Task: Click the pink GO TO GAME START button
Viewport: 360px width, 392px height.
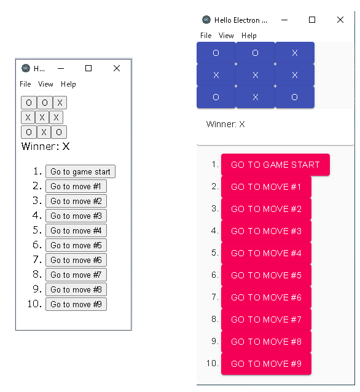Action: pyautogui.click(x=275, y=165)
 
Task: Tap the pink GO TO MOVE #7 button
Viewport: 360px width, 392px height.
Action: pyautogui.click(x=266, y=319)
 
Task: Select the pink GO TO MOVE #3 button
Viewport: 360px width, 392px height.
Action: pyautogui.click(x=266, y=231)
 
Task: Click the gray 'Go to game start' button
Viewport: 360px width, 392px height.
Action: pyautogui.click(x=80, y=171)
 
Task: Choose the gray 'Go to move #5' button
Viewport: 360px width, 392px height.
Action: pyautogui.click(x=76, y=245)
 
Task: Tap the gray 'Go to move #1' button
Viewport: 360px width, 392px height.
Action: pyautogui.click(x=76, y=186)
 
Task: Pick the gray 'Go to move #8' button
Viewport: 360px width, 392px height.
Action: pyautogui.click(x=76, y=289)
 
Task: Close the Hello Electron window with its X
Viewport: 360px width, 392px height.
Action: pyautogui.click(x=340, y=20)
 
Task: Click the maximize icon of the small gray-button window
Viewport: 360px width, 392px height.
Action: pyautogui.click(x=88, y=68)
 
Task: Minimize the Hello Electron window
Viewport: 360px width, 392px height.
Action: pyautogui.click(x=284, y=20)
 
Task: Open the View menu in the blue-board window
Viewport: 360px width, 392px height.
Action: pyautogui.click(x=226, y=36)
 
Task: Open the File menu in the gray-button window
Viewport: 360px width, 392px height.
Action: pyautogui.click(x=25, y=84)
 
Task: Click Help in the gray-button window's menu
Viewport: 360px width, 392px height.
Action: pyautogui.click(x=68, y=84)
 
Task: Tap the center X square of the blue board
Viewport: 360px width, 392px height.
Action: pyautogui.click(x=255, y=75)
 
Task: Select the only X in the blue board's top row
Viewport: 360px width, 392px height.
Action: pyautogui.click(x=295, y=53)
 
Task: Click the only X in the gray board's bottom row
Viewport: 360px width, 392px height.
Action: pyautogui.click(x=44, y=132)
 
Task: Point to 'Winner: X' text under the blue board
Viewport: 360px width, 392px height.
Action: pyautogui.click(x=225, y=124)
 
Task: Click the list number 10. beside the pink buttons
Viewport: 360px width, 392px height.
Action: pyautogui.click(x=213, y=363)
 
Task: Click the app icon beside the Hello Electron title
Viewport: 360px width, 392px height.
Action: pyautogui.click(x=206, y=20)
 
